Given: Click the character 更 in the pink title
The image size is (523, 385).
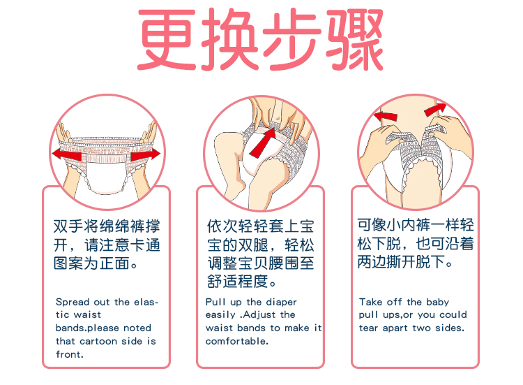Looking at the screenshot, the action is click(167, 39).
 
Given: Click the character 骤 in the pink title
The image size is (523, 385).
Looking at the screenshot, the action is click(354, 39).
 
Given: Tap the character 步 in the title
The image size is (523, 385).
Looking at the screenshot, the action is click(292, 39).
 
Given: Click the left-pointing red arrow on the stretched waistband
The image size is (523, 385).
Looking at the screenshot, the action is click(67, 154).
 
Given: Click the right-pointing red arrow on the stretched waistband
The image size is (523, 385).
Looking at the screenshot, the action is click(146, 154).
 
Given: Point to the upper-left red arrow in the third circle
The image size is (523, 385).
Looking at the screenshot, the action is click(386, 116).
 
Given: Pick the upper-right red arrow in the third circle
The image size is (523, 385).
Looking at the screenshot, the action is click(435, 110).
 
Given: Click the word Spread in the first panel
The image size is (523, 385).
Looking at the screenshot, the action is click(73, 302).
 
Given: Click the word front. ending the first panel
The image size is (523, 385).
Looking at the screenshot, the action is click(69, 354).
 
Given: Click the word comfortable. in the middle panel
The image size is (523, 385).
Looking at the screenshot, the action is click(237, 341).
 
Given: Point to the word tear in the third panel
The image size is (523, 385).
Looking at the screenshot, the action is click(368, 328).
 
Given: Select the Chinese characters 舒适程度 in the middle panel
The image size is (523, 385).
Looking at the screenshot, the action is click(238, 281).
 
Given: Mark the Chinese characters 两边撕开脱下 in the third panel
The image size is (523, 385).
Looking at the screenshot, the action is click(401, 261).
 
